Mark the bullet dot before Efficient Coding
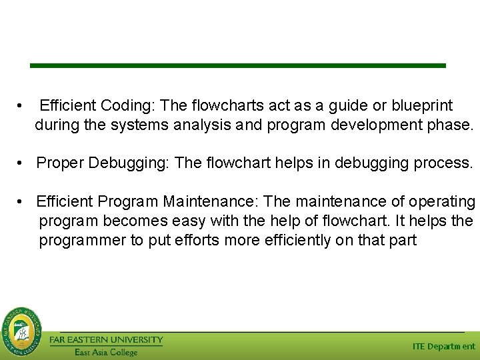click(x=22, y=106)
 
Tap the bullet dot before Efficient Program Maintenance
click(x=22, y=202)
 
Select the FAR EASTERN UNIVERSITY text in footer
click(x=106, y=339)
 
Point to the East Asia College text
click(x=106, y=352)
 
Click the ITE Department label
click(x=444, y=346)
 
